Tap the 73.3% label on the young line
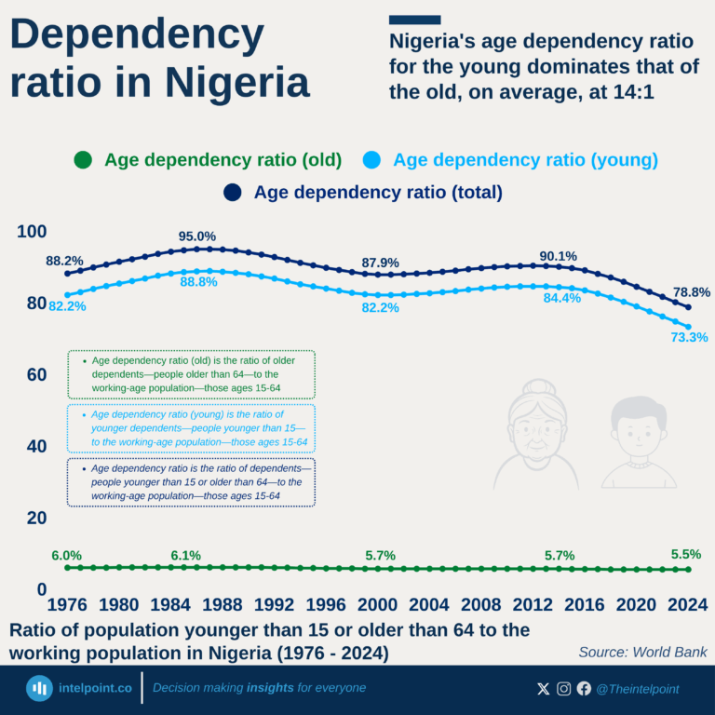[x=690, y=337]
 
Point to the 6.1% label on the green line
[x=185, y=555]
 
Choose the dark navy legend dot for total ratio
[x=233, y=193]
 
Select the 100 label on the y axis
[x=32, y=232]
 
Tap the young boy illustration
[x=639, y=441]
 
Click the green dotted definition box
[x=191, y=374]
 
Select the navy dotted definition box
[x=191, y=482]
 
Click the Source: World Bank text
[x=642, y=653]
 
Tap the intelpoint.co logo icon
[x=39, y=689]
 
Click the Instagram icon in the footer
[x=564, y=689]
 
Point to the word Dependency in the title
[x=137, y=35]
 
